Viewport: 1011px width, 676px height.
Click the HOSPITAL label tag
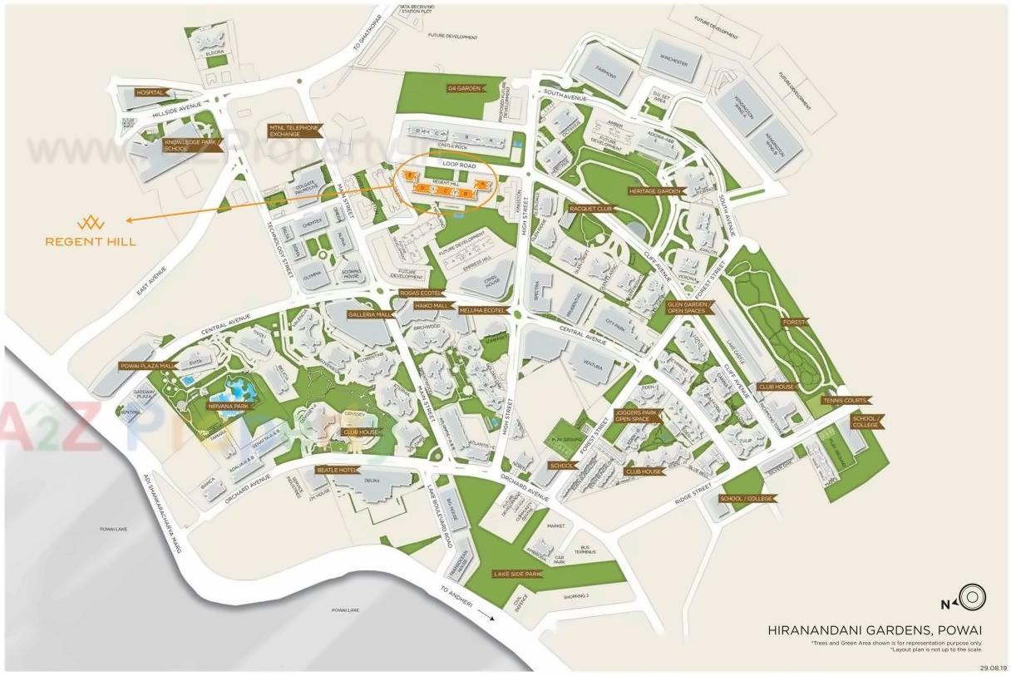tap(150, 92)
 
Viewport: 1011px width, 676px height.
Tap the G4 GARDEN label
tap(464, 87)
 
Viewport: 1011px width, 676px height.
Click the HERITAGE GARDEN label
tap(655, 191)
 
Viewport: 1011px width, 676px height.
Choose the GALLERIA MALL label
tap(370, 314)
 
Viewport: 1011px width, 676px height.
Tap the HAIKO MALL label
tap(432, 305)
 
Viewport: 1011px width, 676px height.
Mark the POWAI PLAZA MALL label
tap(149, 365)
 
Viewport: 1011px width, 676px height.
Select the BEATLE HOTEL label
tap(336, 470)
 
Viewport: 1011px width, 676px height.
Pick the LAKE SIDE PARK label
tap(518, 574)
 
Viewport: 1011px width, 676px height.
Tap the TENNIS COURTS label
tap(844, 401)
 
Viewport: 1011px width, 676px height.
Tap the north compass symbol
tap(969, 598)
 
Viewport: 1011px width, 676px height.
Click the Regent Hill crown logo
tap(91, 223)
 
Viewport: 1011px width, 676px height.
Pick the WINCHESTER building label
tap(673, 62)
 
